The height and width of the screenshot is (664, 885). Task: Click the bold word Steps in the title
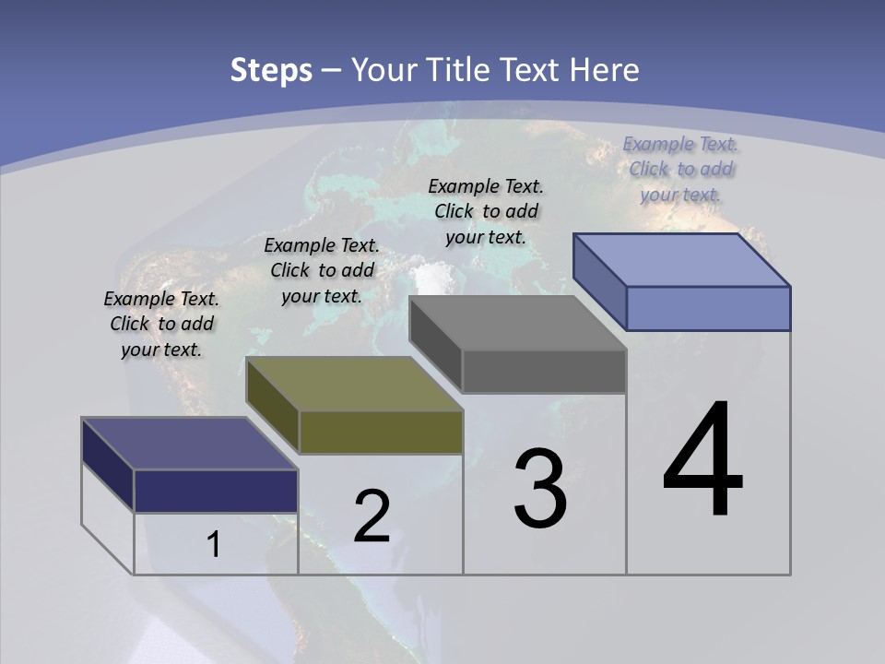click(271, 70)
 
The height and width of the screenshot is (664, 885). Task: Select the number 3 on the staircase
click(540, 490)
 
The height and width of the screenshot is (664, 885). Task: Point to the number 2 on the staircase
click(372, 516)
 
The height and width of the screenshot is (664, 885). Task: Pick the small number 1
click(213, 544)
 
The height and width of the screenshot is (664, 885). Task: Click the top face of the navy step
click(189, 444)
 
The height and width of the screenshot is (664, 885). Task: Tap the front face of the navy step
click(216, 491)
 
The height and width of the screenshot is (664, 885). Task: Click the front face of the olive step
click(381, 432)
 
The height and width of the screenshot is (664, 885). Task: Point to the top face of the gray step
click(518, 323)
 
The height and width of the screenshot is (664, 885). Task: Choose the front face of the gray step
click(544, 371)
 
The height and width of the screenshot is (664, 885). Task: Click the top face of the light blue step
click(682, 260)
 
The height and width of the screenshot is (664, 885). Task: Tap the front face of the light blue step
click(708, 308)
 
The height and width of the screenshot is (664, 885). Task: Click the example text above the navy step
click(161, 325)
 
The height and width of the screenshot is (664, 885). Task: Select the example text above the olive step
click(322, 271)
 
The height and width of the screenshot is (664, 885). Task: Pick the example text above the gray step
click(486, 212)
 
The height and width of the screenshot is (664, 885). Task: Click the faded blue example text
click(681, 170)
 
